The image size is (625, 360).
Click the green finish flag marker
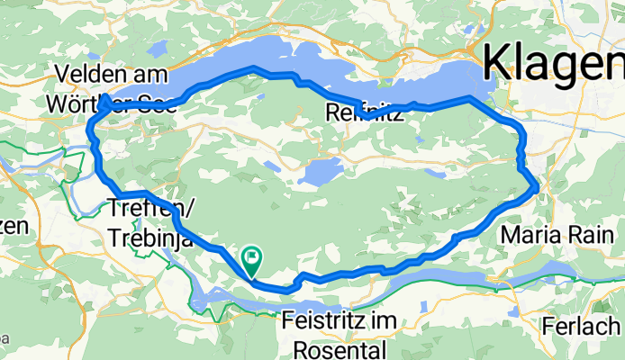click(x=250, y=259)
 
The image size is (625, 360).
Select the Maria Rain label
click(x=552, y=236)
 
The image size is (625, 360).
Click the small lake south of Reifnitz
click(x=322, y=171)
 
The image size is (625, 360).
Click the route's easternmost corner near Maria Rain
click(x=537, y=188)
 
